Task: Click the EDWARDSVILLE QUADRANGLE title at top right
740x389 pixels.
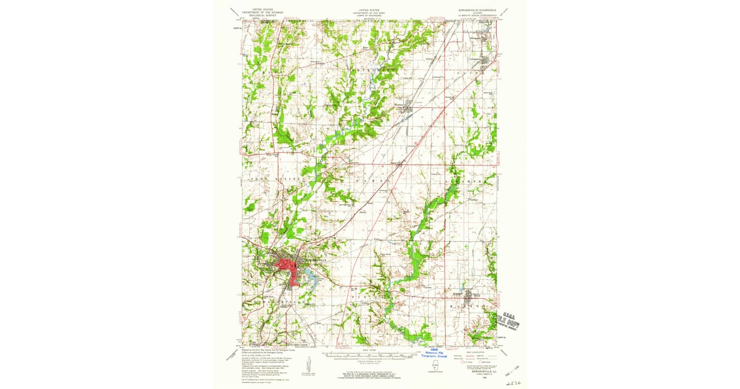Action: tap(473, 10)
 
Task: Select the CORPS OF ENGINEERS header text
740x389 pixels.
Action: tap(369, 15)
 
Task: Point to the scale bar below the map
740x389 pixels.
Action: tap(369, 356)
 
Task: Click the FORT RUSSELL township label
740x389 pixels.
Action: tap(271, 178)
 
